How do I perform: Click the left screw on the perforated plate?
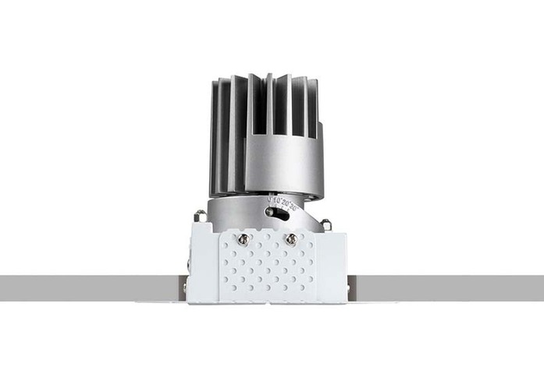(x=244, y=239)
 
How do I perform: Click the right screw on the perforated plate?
(x=291, y=239)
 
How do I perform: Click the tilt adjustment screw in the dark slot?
(x=270, y=211)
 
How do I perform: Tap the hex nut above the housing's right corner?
(x=326, y=224)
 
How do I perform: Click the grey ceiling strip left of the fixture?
(x=86, y=288)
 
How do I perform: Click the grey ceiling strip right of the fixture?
(x=453, y=288)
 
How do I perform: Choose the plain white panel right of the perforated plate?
(x=332, y=265)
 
